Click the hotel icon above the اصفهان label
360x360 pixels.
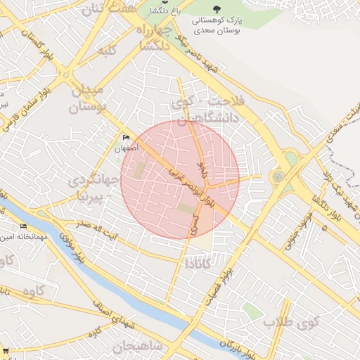127,138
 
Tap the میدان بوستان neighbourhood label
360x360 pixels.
88,99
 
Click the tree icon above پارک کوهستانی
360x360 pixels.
216,8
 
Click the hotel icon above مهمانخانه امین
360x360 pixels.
23,226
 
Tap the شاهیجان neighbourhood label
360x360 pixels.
137,346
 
